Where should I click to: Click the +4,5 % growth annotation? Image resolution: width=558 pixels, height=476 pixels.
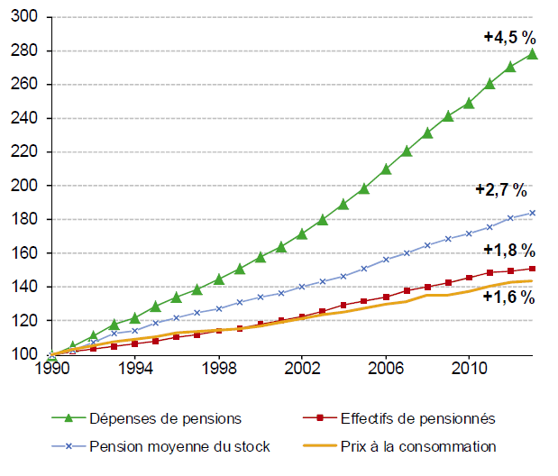(509, 38)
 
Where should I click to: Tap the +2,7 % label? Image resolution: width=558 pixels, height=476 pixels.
(500, 190)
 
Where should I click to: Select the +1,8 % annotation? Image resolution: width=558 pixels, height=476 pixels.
(509, 250)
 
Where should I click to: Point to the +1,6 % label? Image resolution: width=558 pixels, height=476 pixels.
(509, 296)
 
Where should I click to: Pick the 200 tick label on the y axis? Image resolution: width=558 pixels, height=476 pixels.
(27, 186)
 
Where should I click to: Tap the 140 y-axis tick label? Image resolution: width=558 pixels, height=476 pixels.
(27, 287)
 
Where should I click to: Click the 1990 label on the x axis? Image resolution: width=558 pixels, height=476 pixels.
(51, 369)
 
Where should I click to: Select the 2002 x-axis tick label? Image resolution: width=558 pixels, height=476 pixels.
(301, 369)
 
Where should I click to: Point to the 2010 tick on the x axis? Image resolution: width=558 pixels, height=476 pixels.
(468, 369)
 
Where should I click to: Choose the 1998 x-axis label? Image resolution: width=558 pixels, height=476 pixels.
(218, 369)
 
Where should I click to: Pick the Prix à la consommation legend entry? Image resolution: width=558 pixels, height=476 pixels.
(418, 446)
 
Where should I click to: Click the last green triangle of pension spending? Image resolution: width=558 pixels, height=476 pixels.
(532, 54)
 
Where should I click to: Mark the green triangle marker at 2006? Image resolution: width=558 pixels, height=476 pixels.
(385, 169)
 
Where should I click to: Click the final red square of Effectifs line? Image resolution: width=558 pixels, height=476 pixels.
(532, 269)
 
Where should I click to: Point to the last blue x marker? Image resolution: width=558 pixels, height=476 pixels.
(532, 213)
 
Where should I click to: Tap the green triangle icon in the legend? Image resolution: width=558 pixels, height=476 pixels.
(65, 417)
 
